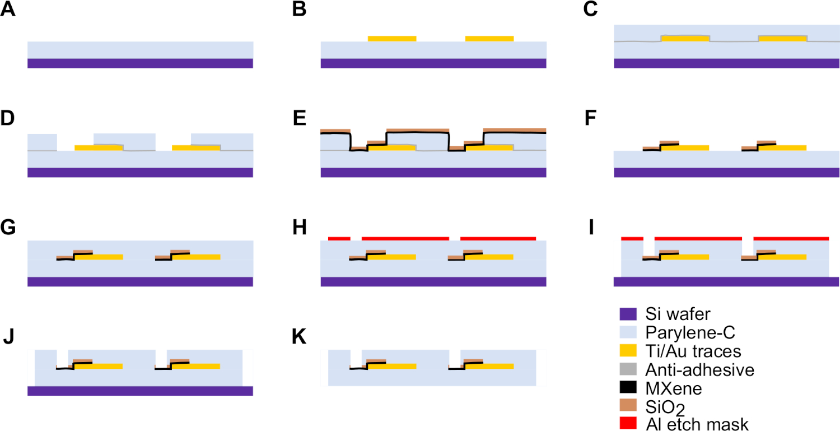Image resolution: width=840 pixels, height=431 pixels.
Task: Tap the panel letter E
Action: [x=300, y=119]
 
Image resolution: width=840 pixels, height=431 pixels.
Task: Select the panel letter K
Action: [x=300, y=337]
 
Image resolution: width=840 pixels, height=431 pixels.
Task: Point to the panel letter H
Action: [x=300, y=228]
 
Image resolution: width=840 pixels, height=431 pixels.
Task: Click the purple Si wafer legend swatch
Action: [x=628, y=314]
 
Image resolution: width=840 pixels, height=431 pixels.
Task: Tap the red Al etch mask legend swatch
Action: [x=628, y=424]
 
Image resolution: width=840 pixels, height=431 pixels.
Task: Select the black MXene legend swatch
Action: [x=628, y=388]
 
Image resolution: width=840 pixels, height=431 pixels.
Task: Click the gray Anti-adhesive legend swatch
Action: [x=628, y=369]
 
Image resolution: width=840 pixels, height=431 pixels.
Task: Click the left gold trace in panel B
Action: [x=392, y=38]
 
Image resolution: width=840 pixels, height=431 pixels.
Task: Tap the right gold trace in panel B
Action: [x=489, y=38]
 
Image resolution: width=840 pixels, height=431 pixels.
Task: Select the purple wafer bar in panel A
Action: [x=140, y=63]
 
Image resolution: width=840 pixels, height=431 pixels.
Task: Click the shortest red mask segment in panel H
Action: [x=339, y=238]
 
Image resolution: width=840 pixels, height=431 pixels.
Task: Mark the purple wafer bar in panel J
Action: [x=140, y=391]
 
